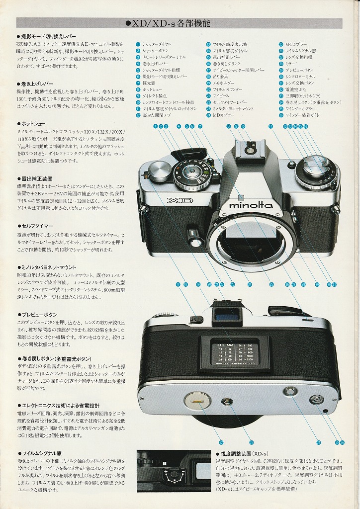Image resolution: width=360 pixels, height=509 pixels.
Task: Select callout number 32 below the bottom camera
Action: point(221,442)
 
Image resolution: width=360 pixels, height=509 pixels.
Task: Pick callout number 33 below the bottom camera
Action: point(251,442)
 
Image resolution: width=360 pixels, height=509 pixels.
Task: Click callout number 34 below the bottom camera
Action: point(319,442)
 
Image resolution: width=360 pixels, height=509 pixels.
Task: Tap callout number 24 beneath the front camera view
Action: point(249,284)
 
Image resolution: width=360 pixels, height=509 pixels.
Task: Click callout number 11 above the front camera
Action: point(270,126)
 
